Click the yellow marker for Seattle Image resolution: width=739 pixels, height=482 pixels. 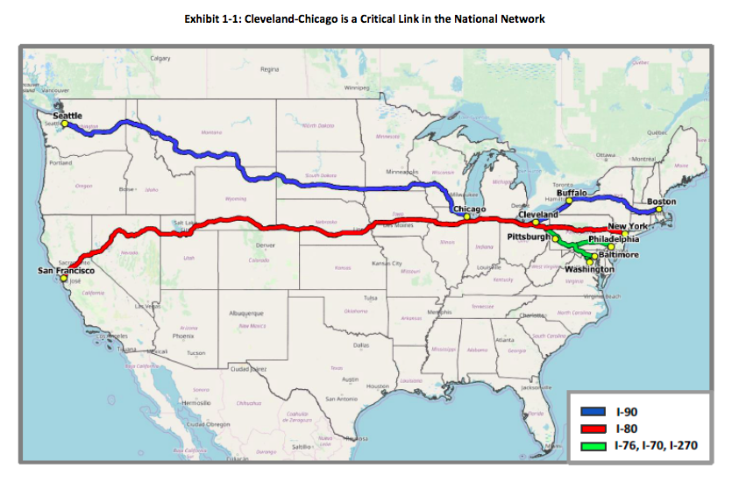[x=64, y=124]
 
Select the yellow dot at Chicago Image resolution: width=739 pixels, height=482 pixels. [x=467, y=216]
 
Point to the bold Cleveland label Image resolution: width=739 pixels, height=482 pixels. [x=537, y=215]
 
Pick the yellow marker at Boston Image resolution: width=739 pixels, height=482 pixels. [x=659, y=209]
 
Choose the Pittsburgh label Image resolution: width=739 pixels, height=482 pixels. [x=529, y=237]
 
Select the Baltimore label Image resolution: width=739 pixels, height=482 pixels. [x=618, y=254]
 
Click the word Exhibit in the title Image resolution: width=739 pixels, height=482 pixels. [x=204, y=18]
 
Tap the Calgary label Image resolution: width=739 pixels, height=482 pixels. [x=160, y=58]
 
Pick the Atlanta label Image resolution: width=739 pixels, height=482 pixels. [x=504, y=340]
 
